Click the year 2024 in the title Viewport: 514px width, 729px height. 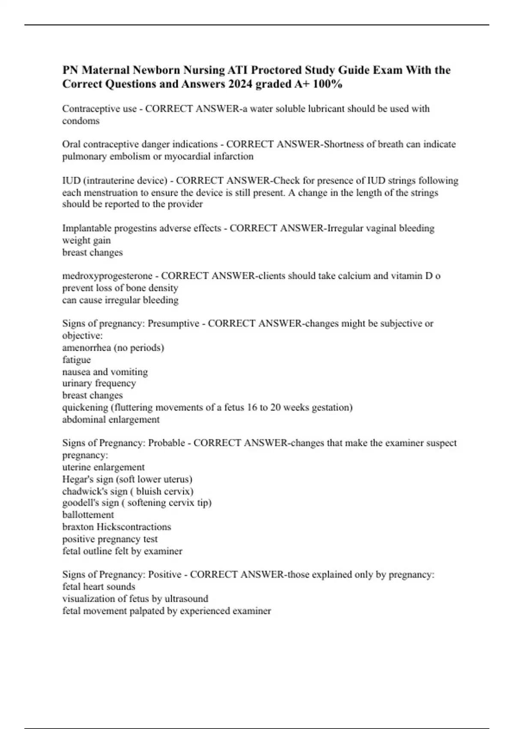[x=240, y=84]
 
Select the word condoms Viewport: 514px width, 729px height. [x=81, y=121]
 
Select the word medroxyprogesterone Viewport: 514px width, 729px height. [x=107, y=276]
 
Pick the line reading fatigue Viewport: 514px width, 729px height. [x=77, y=360]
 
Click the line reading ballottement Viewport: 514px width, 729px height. [x=88, y=515]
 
